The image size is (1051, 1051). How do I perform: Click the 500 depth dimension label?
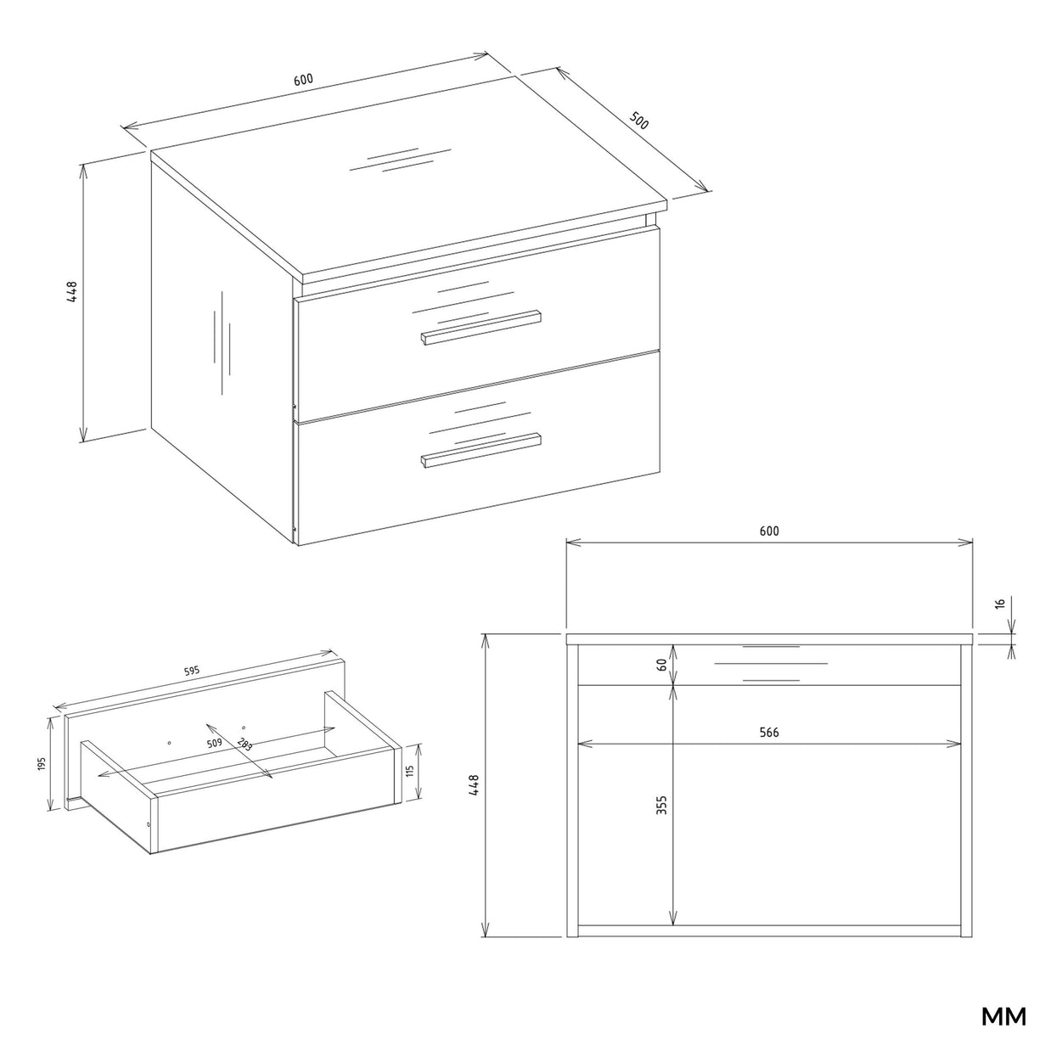638,121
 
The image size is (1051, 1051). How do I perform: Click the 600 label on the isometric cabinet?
303,79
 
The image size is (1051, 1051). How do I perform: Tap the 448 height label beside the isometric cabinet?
72,291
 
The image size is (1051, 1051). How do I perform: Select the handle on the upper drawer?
481,328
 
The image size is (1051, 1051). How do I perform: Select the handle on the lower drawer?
481,450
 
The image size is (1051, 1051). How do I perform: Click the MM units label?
1003,1017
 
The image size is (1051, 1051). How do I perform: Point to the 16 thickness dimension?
1000,604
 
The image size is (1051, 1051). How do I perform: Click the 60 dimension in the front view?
661,665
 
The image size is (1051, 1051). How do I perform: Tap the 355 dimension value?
661,805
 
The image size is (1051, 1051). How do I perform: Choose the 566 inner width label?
769,733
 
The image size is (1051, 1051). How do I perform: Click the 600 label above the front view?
769,531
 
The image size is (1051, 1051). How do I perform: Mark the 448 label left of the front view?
474,784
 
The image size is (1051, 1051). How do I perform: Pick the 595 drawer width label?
191,671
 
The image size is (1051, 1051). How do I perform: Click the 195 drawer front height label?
42,763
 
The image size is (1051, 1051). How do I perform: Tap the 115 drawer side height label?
410,771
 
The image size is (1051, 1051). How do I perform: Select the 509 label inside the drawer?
215,743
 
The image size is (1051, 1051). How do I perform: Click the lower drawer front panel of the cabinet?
478,447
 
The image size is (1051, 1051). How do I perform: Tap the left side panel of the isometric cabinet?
222,349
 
